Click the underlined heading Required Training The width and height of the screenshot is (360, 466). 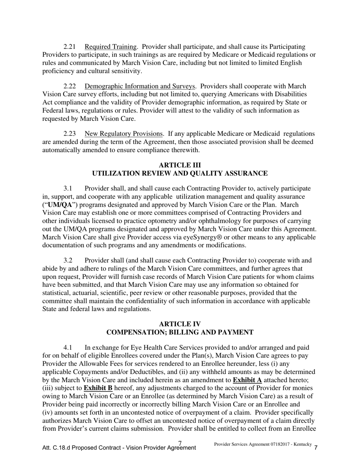click(110, 47)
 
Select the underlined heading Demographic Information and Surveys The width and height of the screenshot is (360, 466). click(140, 86)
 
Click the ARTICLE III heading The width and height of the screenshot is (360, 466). click(180, 165)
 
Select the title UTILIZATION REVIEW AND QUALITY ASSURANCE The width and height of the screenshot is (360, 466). click(180, 174)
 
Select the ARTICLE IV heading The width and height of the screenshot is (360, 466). click(180, 324)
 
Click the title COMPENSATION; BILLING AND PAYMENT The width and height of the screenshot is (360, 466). click(180, 333)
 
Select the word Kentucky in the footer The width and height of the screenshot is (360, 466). click(300, 444)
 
